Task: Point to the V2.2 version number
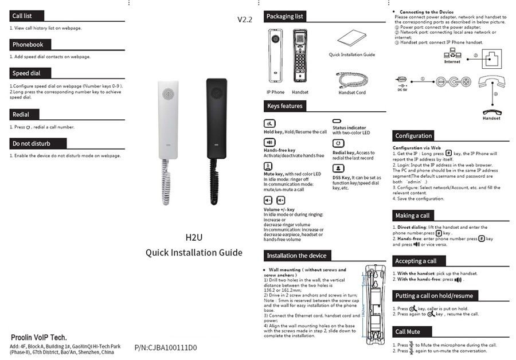coord(245,19)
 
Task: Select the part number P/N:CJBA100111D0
coord(166,347)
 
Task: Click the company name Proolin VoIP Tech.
coord(39,337)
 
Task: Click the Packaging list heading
coord(284,17)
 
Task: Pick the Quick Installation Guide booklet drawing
coord(351,40)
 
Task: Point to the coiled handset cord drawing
coord(351,79)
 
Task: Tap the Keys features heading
coord(284,106)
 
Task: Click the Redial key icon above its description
coord(338,143)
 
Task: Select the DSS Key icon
coord(338,168)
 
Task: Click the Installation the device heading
coord(296,256)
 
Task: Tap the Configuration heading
coord(413,136)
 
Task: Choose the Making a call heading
coord(412,216)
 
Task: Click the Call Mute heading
coord(408,332)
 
